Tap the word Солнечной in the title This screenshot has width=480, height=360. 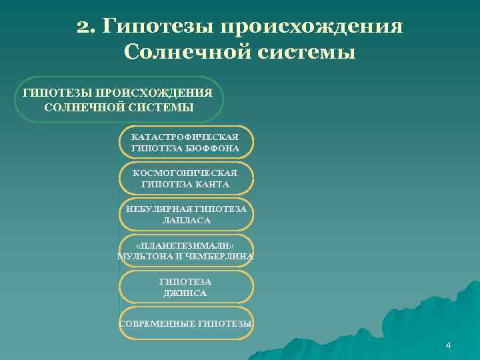click(x=181, y=51)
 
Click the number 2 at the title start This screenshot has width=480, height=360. click(x=83, y=27)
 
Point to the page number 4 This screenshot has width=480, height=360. click(x=448, y=345)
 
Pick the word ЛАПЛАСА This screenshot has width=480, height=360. click(x=186, y=220)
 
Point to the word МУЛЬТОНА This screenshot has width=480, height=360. click(x=144, y=257)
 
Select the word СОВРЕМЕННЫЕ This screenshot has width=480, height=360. click(x=157, y=324)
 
